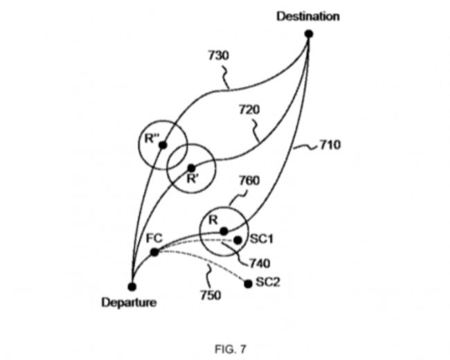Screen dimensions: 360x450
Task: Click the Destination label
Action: [x=308, y=16]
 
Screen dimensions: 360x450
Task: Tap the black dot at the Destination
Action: [x=309, y=33]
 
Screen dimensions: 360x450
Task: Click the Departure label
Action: [x=129, y=302]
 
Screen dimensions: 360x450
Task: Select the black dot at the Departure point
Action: [x=132, y=285]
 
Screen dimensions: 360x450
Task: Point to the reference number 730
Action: [x=219, y=55]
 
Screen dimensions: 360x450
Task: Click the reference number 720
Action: [x=249, y=110]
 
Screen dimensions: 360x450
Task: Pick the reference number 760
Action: [x=249, y=181]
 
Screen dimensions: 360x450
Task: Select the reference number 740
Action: [x=259, y=263]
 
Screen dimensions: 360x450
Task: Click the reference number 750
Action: [x=210, y=296]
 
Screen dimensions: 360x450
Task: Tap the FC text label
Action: [x=154, y=237]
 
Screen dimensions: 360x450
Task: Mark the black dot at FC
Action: [x=154, y=251]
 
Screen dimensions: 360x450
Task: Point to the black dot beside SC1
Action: [x=237, y=240]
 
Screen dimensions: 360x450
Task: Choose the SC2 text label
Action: [x=267, y=282]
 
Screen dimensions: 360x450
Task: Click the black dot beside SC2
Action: [x=249, y=283]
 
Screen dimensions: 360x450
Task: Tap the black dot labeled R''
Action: [x=163, y=145]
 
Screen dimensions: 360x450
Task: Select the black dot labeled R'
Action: [x=191, y=168]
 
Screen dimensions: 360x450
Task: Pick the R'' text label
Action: [x=152, y=137]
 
